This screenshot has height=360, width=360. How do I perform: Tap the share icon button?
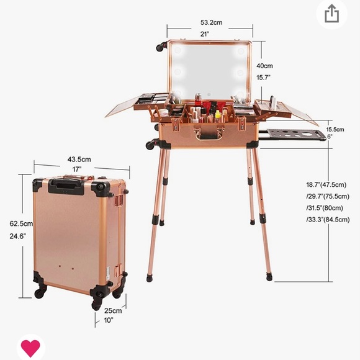tap(331, 14)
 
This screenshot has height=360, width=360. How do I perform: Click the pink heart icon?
tap(30, 348)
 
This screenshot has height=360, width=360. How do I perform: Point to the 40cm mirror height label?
tap(264, 65)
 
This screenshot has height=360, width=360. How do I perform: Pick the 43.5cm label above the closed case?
tap(79, 160)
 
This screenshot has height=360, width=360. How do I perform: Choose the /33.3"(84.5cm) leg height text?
tap(332, 219)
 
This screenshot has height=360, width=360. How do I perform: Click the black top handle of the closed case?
tap(68, 183)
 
